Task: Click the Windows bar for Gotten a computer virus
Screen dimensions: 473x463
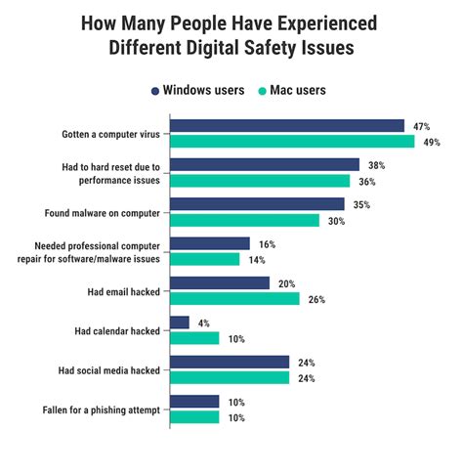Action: [287, 125]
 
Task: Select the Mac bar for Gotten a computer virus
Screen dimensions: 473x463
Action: [292, 142]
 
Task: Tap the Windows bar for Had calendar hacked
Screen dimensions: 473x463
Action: [180, 322]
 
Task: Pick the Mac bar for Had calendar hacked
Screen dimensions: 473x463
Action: [194, 338]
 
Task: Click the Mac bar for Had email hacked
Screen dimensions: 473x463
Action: [234, 299]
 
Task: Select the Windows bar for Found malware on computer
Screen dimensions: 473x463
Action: [257, 204]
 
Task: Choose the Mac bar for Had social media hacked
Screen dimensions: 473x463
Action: [230, 377]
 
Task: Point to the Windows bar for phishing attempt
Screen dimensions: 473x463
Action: [194, 401]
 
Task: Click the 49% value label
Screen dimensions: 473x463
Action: [431, 143]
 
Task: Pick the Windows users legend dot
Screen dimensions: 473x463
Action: [155, 90]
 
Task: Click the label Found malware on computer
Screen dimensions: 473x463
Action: [104, 212]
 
